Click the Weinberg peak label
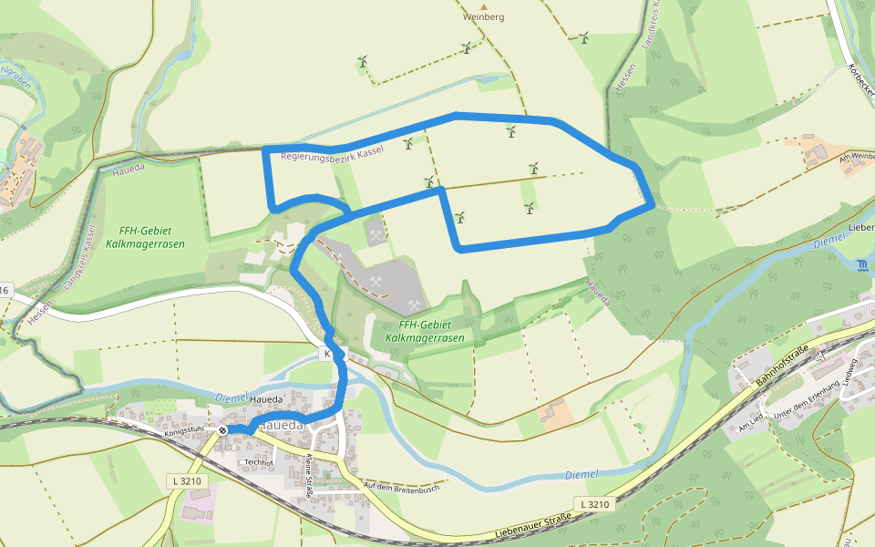483,16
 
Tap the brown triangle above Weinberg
484,5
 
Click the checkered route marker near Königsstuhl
223,429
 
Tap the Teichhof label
257,462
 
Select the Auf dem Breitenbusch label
401,488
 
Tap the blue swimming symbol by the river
863,265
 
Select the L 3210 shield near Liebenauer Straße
593,503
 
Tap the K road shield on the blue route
326,353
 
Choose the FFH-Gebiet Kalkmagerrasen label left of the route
151,238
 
